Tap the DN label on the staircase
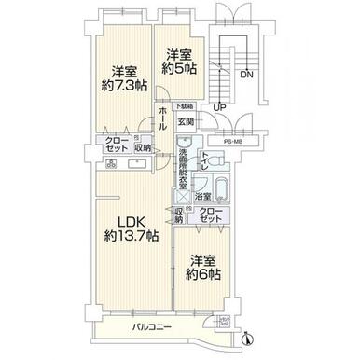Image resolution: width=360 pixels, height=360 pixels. click(245, 74)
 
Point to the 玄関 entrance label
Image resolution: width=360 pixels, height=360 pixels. click(186, 122)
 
